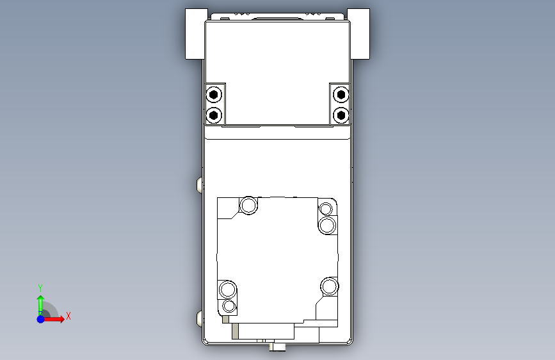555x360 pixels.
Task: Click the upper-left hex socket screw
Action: pyautogui.click(x=213, y=95)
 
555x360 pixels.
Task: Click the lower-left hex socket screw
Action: pyautogui.click(x=213, y=115)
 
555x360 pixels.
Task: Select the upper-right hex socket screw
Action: pyautogui.click(x=341, y=95)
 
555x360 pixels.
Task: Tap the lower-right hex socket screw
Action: pyautogui.click(x=341, y=115)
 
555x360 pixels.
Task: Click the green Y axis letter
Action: pyautogui.click(x=40, y=288)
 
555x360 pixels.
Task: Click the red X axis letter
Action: pyautogui.click(x=68, y=316)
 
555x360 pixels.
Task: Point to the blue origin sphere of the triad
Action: pyautogui.click(x=41, y=319)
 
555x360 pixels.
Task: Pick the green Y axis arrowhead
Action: pyautogui.click(x=41, y=299)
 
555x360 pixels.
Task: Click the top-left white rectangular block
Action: pyautogui.click(x=197, y=34)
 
